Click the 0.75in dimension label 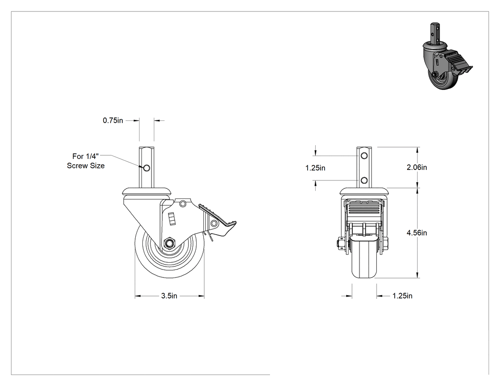click(112, 120)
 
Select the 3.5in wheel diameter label click(169, 296)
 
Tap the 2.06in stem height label click(417, 168)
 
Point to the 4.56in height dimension click(417, 233)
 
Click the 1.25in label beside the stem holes click(315, 168)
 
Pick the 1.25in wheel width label click(402, 296)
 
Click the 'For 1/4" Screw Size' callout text click(86, 161)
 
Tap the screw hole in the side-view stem click(147, 168)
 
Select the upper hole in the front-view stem click(364, 156)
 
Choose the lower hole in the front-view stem click(364, 181)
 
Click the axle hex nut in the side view click(169, 243)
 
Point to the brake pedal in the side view click(218, 220)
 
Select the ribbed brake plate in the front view click(364, 211)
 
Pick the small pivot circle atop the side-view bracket click(183, 203)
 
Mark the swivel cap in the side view click(147, 192)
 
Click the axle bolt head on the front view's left click(339, 244)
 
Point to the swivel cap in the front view click(364, 192)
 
